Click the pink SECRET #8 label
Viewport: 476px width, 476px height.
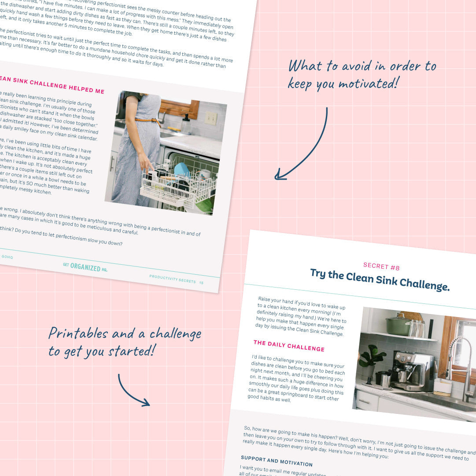381,267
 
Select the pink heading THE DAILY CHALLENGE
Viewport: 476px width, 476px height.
289,346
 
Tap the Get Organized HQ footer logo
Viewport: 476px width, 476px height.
85,267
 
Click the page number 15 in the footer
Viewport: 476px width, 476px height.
201,282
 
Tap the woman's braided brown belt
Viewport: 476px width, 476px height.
147,120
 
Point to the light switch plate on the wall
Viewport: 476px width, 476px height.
211,118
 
